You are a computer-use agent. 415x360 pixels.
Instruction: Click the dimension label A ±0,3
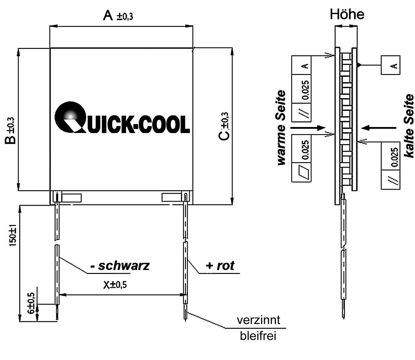pyautogui.click(x=118, y=16)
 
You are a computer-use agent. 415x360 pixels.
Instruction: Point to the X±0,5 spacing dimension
pyautogui.click(x=115, y=284)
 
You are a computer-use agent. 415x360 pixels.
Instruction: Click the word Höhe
pyautogui.click(x=347, y=14)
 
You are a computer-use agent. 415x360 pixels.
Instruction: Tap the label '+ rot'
pyautogui.click(x=220, y=265)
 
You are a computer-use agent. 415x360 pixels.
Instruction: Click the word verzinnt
pyautogui.click(x=258, y=320)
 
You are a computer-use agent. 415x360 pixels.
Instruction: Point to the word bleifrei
pyautogui.click(x=258, y=336)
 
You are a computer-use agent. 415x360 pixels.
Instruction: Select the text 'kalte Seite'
pyautogui.click(x=409, y=126)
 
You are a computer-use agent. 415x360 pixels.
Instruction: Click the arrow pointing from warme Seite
pyautogui.click(x=308, y=128)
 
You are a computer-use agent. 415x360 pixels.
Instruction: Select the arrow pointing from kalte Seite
pyautogui.click(x=379, y=128)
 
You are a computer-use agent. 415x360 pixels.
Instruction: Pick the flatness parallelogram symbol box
pyautogui.click(x=301, y=172)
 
